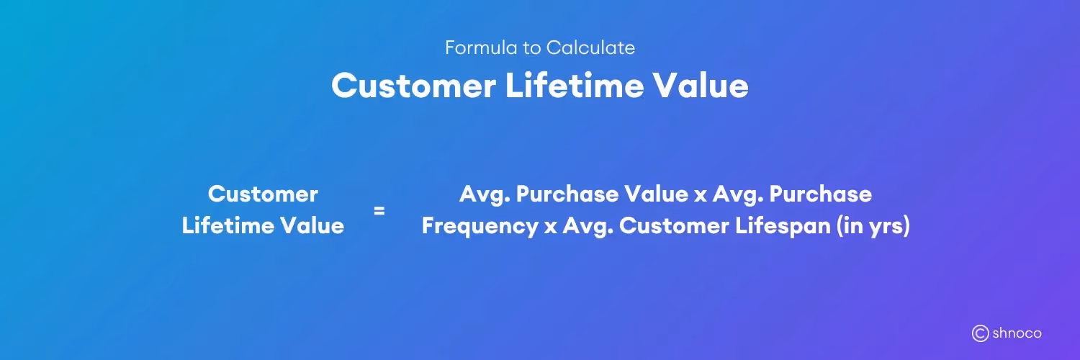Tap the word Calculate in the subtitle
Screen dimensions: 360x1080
tap(590, 48)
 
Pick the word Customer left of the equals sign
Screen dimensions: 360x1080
tap(263, 194)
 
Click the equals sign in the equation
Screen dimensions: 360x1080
tap(379, 211)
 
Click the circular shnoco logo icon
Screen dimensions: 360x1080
tap(980, 333)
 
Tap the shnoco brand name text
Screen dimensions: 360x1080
tap(1017, 333)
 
